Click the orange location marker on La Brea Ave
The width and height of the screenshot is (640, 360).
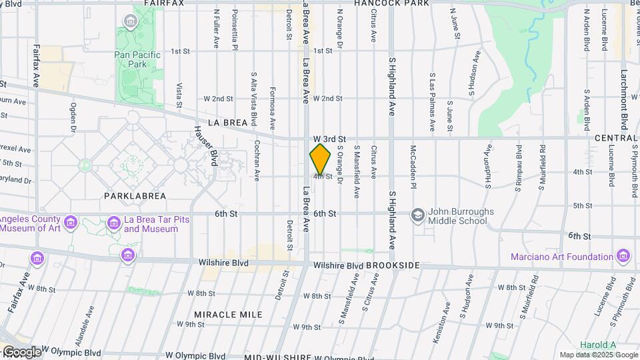[321, 159]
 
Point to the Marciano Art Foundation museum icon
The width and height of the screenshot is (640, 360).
[623, 256]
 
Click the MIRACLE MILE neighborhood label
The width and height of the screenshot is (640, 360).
[228, 314]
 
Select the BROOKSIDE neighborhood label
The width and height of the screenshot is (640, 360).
[393, 265]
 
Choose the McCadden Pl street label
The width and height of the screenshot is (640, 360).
[413, 167]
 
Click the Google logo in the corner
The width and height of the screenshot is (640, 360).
[21, 351]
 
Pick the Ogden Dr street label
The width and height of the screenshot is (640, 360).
[73, 117]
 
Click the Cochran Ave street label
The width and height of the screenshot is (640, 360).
[257, 161]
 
